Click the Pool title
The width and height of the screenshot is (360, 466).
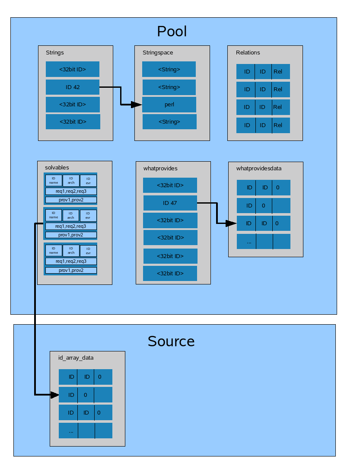click(x=172, y=32)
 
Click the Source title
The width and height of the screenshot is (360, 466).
click(x=171, y=342)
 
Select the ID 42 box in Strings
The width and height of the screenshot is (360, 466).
click(x=73, y=87)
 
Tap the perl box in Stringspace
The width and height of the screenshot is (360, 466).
click(x=169, y=105)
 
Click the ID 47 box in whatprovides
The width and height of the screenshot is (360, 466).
click(x=170, y=203)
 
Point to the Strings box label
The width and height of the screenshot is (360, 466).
click(x=55, y=53)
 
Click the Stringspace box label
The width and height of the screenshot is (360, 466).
click(x=158, y=53)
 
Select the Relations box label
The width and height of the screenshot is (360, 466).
click(x=248, y=53)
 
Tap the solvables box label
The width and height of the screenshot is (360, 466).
click(x=57, y=167)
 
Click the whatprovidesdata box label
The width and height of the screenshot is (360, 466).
click(x=259, y=168)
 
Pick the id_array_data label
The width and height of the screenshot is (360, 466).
click(x=76, y=358)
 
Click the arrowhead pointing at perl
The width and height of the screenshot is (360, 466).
click(x=137, y=105)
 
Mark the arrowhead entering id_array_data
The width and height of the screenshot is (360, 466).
click(x=54, y=395)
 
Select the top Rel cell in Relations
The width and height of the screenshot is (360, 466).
click(x=280, y=71)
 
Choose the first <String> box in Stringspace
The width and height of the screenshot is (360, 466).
click(x=169, y=69)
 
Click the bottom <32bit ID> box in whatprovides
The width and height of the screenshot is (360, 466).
click(x=170, y=273)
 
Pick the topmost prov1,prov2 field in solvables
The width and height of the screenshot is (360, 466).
click(x=71, y=200)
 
